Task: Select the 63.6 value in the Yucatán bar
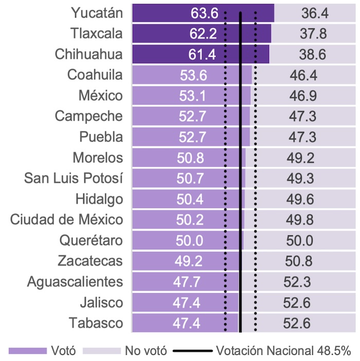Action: (203, 13)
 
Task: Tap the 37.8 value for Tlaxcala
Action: (313, 34)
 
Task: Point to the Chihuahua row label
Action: (90, 55)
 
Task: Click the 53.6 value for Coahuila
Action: (194, 75)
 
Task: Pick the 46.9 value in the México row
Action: (302, 96)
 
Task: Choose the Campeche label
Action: (89, 116)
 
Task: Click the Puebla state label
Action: (101, 137)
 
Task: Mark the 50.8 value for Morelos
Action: (191, 158)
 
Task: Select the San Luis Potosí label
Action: (74, 178)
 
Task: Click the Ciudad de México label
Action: (67, 220)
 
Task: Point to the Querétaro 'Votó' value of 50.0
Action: (189, 240)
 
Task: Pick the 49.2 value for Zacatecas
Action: (188, 261)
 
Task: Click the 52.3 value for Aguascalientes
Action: (297, 282)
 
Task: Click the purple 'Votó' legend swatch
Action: (27, 351)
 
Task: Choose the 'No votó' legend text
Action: (146, 351)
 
